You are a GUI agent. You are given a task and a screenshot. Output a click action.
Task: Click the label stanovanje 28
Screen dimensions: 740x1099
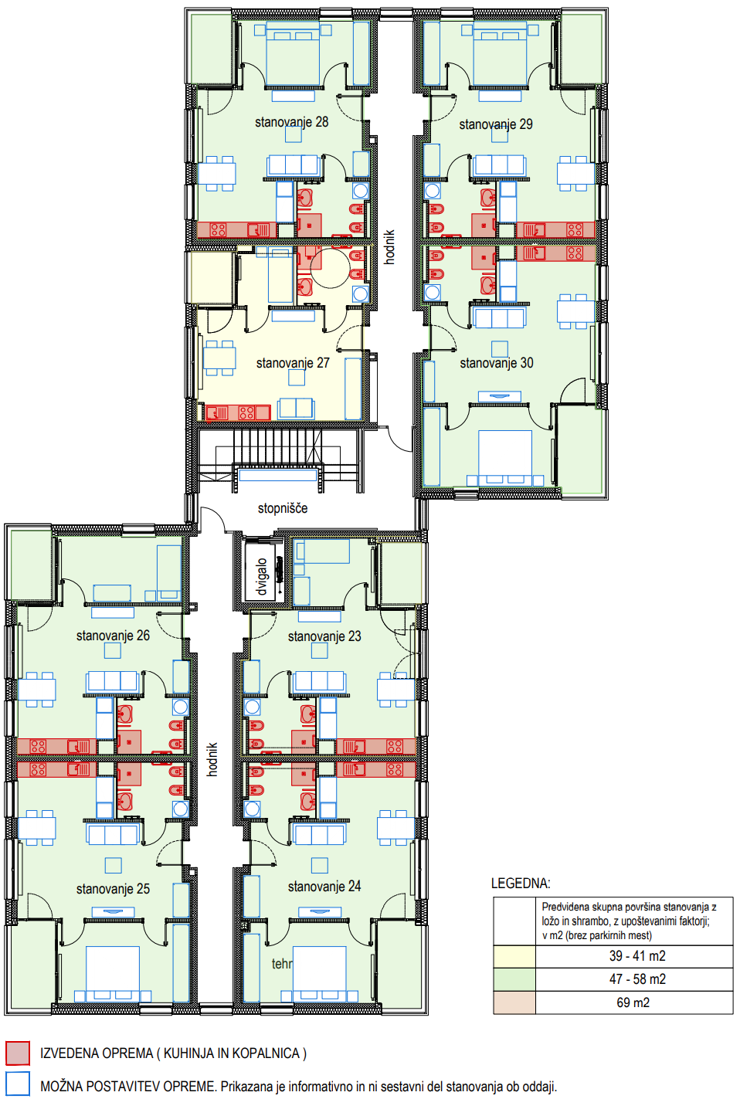click(291, 122)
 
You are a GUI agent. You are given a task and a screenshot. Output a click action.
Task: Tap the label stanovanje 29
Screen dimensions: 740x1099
click(496, 124)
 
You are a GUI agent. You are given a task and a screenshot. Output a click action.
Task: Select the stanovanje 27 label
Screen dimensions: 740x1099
click(293, 363)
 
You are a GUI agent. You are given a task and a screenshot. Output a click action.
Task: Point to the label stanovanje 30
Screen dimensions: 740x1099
click(496, 363)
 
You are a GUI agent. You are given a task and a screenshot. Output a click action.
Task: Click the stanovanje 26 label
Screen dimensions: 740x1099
click(113, 636)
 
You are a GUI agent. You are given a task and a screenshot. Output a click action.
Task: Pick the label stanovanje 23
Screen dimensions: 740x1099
click(324, 637)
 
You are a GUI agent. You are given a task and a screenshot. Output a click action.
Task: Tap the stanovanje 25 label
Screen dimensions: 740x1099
click(113, 889)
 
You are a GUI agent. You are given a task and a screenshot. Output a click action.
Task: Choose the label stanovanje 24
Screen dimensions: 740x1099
click(324, 887)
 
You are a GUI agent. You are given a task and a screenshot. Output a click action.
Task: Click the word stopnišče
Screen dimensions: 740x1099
click(283, 508)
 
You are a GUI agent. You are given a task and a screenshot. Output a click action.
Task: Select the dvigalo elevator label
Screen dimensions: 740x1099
click(262, 577)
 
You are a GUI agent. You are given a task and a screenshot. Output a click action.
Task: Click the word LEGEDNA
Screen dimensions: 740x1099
click(521, 884)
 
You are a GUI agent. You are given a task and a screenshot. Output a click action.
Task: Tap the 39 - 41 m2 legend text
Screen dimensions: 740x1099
click(637, 956)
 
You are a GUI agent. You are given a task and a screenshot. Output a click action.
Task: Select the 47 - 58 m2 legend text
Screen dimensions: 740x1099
click(637, 979)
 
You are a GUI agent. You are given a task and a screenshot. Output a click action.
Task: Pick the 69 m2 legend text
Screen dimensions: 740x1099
click(633, 1002)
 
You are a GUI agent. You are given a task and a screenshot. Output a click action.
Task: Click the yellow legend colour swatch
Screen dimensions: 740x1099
click(514, 956)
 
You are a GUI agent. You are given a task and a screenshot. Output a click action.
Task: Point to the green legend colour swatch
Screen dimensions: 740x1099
click(514, 979)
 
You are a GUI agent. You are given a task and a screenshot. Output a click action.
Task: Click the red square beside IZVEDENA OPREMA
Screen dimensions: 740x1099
click(18, 1053)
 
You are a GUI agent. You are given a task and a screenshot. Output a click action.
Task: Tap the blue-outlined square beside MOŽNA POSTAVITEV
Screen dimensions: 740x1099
click(18, 1084)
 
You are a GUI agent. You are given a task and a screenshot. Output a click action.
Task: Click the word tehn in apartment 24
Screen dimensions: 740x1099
click(282, 964)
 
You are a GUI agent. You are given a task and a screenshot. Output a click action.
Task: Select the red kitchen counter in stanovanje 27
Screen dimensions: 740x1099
click(237, 412)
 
